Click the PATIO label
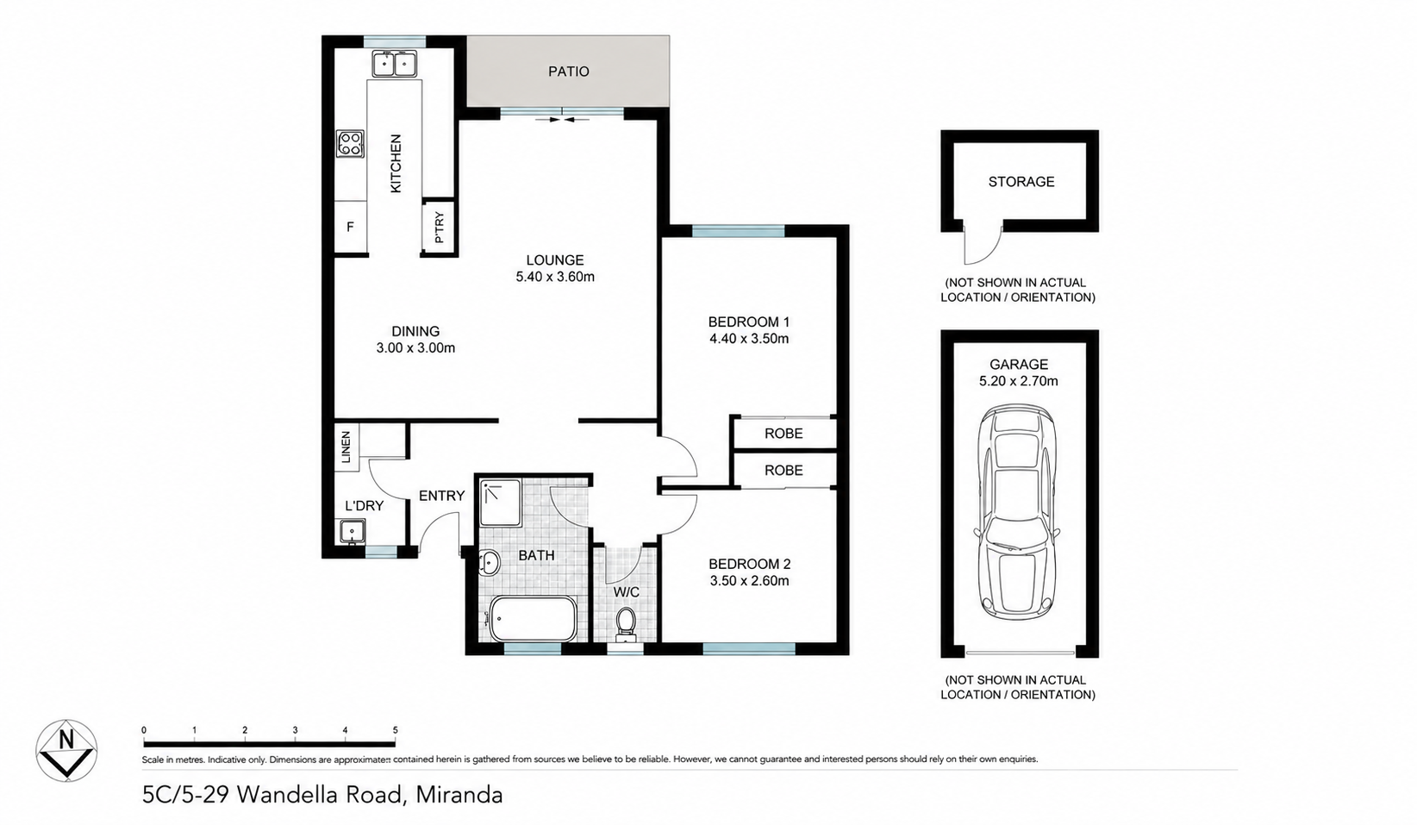(x=568, y=72)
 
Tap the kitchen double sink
(x=394, y=63)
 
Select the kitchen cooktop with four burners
(x=350, y=144)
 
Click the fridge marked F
(x=350, y=227)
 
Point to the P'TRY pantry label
(x=440, y=228)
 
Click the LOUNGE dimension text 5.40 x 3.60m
(x=555, y=277)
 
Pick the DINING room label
(x=415, y=331)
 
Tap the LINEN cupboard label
(x=346, y=447)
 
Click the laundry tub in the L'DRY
(x=352, y=531)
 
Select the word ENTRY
(x=441, y=496)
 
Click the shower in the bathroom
(x=501, y=503)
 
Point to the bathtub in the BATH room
(x=533, y=618)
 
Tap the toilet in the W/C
(x=626, y=623)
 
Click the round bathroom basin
(x=489, y=562)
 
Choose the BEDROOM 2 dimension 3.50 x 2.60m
(x=749, y=581)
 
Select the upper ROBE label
(x=783, y=434)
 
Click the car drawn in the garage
(x=1019, y=511)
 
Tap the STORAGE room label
(x=1021, y=182)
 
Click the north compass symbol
(x=66, y=750)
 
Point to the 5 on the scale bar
(x=396, y=730)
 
